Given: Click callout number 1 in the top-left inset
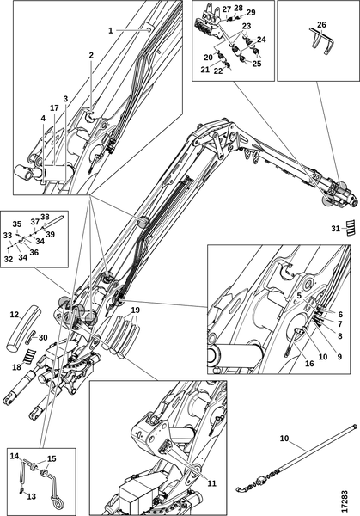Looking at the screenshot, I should point(111,30).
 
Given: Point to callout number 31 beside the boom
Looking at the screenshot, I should point(336,228).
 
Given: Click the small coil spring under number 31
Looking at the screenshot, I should point(350,228).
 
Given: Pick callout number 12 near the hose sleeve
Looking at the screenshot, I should point(13,316).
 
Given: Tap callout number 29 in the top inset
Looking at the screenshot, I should point(251,14).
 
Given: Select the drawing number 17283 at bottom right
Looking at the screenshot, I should point(346,491).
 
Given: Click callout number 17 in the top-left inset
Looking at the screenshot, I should point(53,107).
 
